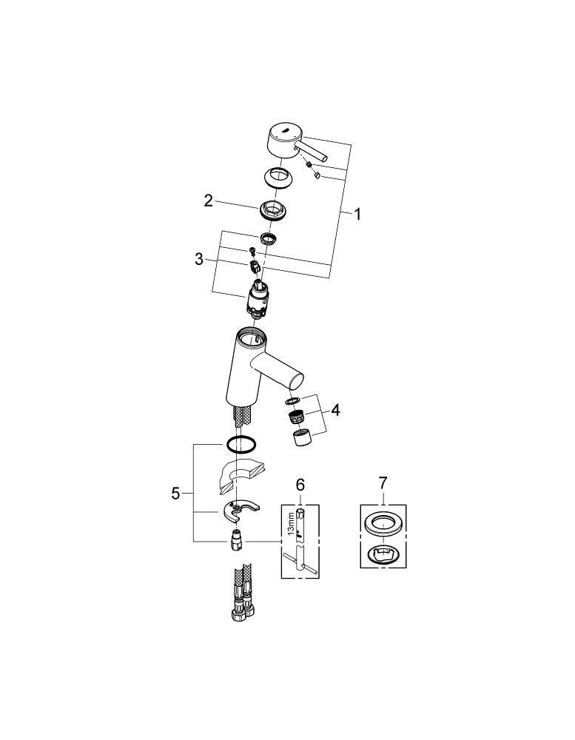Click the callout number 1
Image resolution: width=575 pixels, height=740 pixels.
pos(357,215)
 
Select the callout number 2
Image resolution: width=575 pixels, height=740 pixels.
pos(208,201)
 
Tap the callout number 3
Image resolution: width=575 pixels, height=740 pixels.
pos(199,258)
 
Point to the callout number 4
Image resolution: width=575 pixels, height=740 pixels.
pos(335,410)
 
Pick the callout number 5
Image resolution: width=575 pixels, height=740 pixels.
pos(175,494)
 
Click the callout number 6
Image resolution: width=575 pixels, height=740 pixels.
pos(300,484)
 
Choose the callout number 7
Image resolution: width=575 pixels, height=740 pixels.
pos(383,482)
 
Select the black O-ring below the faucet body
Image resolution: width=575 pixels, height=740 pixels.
pos(241,444)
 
